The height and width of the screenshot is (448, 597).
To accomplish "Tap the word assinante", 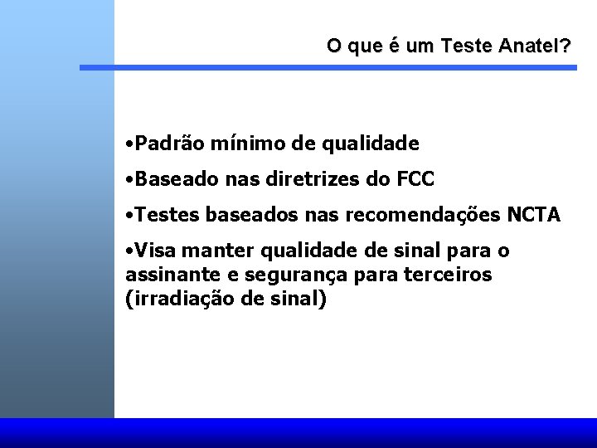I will [x=162, y=274].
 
